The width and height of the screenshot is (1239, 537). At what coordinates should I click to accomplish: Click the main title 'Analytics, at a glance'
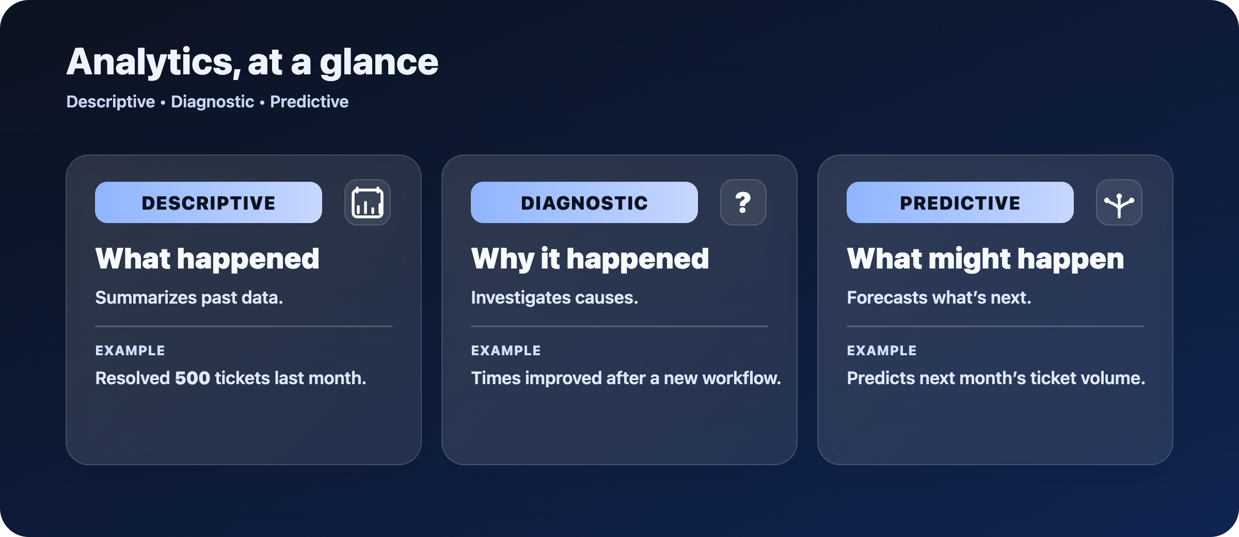point(252,62)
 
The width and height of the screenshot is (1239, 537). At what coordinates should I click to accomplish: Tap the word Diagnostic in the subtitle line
point(212,102)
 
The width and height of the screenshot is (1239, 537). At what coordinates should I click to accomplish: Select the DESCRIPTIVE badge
point(208,202)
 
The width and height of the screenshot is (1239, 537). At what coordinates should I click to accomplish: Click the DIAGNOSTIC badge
point(584,202)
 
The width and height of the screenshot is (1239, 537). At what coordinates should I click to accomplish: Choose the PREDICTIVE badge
point(960,202)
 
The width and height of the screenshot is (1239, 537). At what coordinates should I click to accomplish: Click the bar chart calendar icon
point(368,202)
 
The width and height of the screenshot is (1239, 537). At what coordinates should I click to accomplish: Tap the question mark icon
point(743,202)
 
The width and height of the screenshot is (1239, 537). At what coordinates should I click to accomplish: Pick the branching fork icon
point(1119,202)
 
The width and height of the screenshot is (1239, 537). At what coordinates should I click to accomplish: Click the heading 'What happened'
point(207,259)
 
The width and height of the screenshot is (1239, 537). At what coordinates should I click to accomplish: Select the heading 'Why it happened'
point(590,259)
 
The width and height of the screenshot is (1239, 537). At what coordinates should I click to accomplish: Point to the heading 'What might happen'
point(985,259)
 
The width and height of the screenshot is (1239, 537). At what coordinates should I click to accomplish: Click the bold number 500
point(193,378)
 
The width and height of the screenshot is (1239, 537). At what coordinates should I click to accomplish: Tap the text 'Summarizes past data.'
point(189,298)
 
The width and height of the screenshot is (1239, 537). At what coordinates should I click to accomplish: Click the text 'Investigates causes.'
point(554,298)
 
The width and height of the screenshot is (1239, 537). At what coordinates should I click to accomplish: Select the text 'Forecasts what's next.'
point(939,298)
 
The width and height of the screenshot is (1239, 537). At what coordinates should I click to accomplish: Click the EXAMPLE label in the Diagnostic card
point(505,351)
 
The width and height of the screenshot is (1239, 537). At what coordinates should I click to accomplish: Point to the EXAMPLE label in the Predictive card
point(881,351)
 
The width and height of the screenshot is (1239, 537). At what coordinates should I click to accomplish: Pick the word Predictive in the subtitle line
point(309,102)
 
